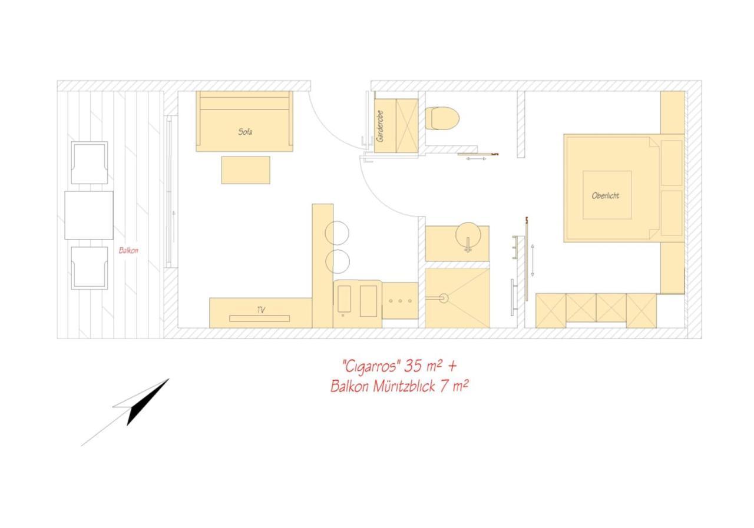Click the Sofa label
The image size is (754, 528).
[245, 132]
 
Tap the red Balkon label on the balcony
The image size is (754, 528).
[128, 251]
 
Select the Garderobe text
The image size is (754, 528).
[380, 126]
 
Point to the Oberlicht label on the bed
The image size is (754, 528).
[605, 196]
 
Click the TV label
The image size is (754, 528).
[261, 310]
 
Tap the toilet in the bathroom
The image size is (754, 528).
[442, 118]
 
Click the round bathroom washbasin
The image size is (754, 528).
[468, 235]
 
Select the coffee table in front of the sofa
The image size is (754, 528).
[246, 170]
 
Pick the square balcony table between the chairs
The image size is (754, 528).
[89, 215]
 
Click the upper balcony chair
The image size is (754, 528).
[90, 163]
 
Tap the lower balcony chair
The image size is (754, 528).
[90, 268]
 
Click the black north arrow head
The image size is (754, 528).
[147, 402]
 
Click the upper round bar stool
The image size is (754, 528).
[337, 233]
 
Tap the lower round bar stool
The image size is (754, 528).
[338, 262]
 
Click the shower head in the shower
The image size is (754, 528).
[444, 298]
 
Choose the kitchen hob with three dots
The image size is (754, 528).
[400, 301]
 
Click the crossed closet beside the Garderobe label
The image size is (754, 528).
[407, 126]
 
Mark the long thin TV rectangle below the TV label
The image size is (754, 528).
[260, 318]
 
